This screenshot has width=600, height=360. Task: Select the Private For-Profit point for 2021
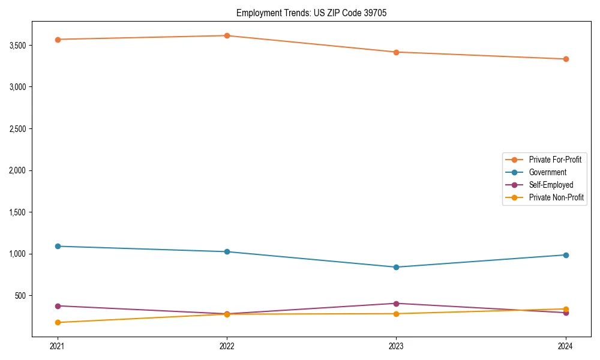click(58, 40)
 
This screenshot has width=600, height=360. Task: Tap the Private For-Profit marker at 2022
click(227, 35)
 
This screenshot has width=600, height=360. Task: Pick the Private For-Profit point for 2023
click(396, 52)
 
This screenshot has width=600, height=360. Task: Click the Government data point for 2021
click(58, 246)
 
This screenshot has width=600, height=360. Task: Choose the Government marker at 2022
click(227, 251)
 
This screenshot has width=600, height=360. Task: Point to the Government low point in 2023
click(396, 267)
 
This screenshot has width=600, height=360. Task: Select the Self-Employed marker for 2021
click(58, 306)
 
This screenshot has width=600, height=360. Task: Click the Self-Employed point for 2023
click(396, 304)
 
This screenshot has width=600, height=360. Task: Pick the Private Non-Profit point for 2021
click(58, 322)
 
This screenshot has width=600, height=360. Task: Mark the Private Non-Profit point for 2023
click(396, 314)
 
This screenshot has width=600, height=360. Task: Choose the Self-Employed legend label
click(551, 185)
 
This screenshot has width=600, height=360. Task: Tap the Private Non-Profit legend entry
click(556, 197)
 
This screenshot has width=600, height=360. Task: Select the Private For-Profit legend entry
click(555, 160)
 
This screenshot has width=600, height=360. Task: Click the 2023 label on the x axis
click(396, 346)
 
